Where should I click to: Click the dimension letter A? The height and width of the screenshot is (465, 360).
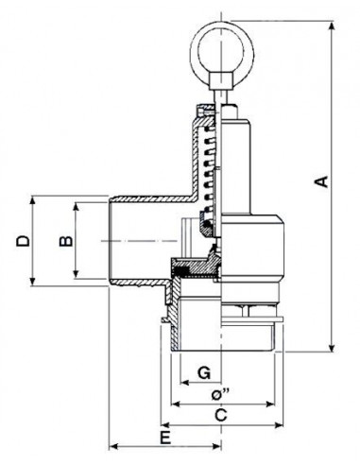[x=322, y=181]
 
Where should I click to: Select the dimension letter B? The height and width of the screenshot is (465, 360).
[x=66, y=241]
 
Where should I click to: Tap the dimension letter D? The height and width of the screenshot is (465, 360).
[x=23, y=241]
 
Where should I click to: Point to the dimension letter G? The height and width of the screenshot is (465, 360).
[x=204, y=372]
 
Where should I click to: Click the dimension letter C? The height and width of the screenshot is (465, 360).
[x=221, y=415]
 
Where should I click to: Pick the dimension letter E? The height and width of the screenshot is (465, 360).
[x=165, y=438]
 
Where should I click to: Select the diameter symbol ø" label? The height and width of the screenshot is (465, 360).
[x=219, y=394]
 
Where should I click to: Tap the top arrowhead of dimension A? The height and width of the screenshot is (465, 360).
[x=332, y=26]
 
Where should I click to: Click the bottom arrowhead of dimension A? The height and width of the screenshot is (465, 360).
[x=332, y=347]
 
